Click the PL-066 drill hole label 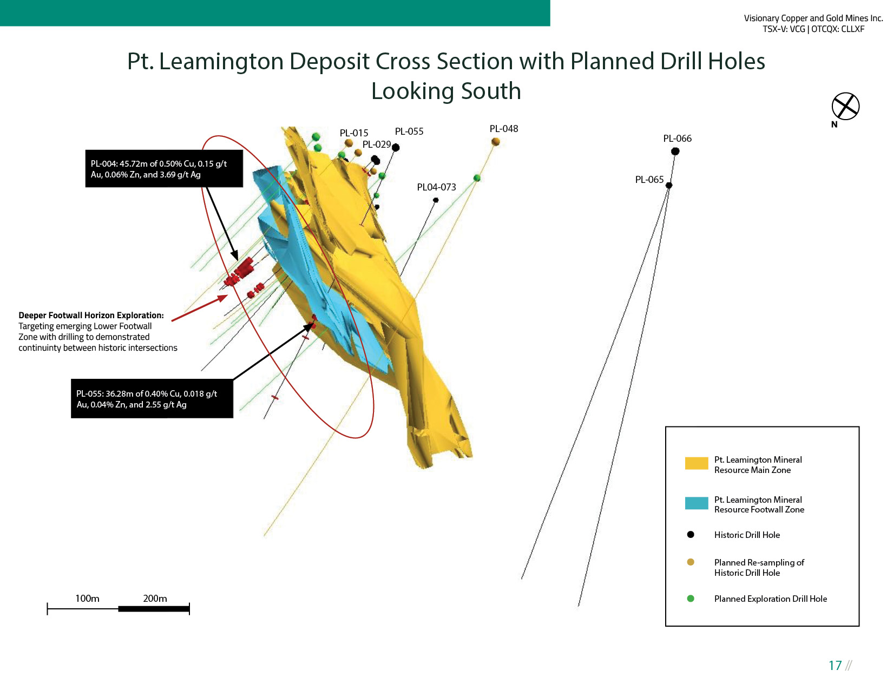click(x=677, y=139)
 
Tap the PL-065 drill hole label click(x=649, y=180)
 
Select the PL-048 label click(x=503, y=129)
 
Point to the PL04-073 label click(x=436, y=187)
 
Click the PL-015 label click(x=353, y=133)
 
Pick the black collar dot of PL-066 click(x=675, y=152)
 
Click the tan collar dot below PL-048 click(x=495, y=142)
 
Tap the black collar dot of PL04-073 click(x=436, y=200)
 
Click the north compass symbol click(x=845, y=106)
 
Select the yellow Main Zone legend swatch click(x=696, y=464)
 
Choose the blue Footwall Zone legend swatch click(x=696, y=503)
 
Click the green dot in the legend click(x=691, y=599)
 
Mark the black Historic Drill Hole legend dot click(x=691, y=535)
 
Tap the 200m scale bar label click(x=155, y=599)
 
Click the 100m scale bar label click(x=87, y=599)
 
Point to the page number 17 click(x=835, y=666)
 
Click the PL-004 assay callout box click(x=164, y=169)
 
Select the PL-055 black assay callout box click(x=152, y=399)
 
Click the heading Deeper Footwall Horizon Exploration click(x=91, y=316)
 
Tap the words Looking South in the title click(x=446, y=91)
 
